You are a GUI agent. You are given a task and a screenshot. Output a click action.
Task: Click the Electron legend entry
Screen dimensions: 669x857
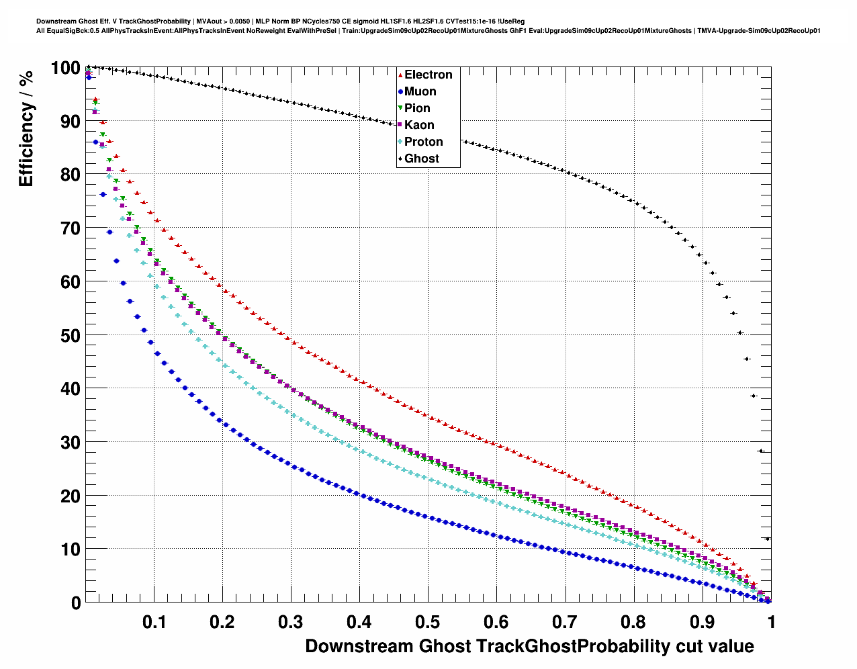(428, 75)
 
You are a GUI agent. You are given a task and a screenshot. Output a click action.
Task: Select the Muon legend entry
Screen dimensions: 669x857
(420, 91)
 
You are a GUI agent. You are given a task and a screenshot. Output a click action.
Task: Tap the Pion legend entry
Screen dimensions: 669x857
(417, 108)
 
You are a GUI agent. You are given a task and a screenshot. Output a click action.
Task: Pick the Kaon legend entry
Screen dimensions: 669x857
(419, 125)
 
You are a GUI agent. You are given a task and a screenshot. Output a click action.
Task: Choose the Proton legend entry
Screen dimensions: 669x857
(423, 142)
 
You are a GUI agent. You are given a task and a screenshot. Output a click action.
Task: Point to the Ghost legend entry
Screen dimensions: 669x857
(421, 159)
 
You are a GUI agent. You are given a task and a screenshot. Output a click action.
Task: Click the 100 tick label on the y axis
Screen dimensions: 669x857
(65, 68)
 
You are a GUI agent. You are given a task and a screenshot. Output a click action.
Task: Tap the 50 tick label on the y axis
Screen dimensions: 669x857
(70, 335)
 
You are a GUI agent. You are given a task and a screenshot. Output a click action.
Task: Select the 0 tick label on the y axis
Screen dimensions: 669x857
(76, 603)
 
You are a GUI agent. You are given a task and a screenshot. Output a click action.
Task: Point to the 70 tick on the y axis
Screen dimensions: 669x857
(70, 228)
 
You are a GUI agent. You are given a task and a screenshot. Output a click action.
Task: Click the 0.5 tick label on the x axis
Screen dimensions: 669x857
(428, 622)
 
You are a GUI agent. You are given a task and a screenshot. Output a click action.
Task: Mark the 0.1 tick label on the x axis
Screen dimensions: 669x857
(154, 622)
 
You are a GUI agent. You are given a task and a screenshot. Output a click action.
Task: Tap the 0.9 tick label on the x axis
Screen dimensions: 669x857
(703, 622)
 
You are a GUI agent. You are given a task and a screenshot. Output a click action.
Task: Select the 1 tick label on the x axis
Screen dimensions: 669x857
(771, 622)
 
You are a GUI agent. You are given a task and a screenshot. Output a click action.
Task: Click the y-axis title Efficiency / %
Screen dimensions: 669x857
(26, 128)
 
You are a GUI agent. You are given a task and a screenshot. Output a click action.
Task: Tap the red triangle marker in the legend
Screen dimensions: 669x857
(400, 75)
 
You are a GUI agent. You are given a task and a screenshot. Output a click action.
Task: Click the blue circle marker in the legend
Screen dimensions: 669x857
(400, 91)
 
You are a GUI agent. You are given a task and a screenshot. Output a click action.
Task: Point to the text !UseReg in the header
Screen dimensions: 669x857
(511, 21)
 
